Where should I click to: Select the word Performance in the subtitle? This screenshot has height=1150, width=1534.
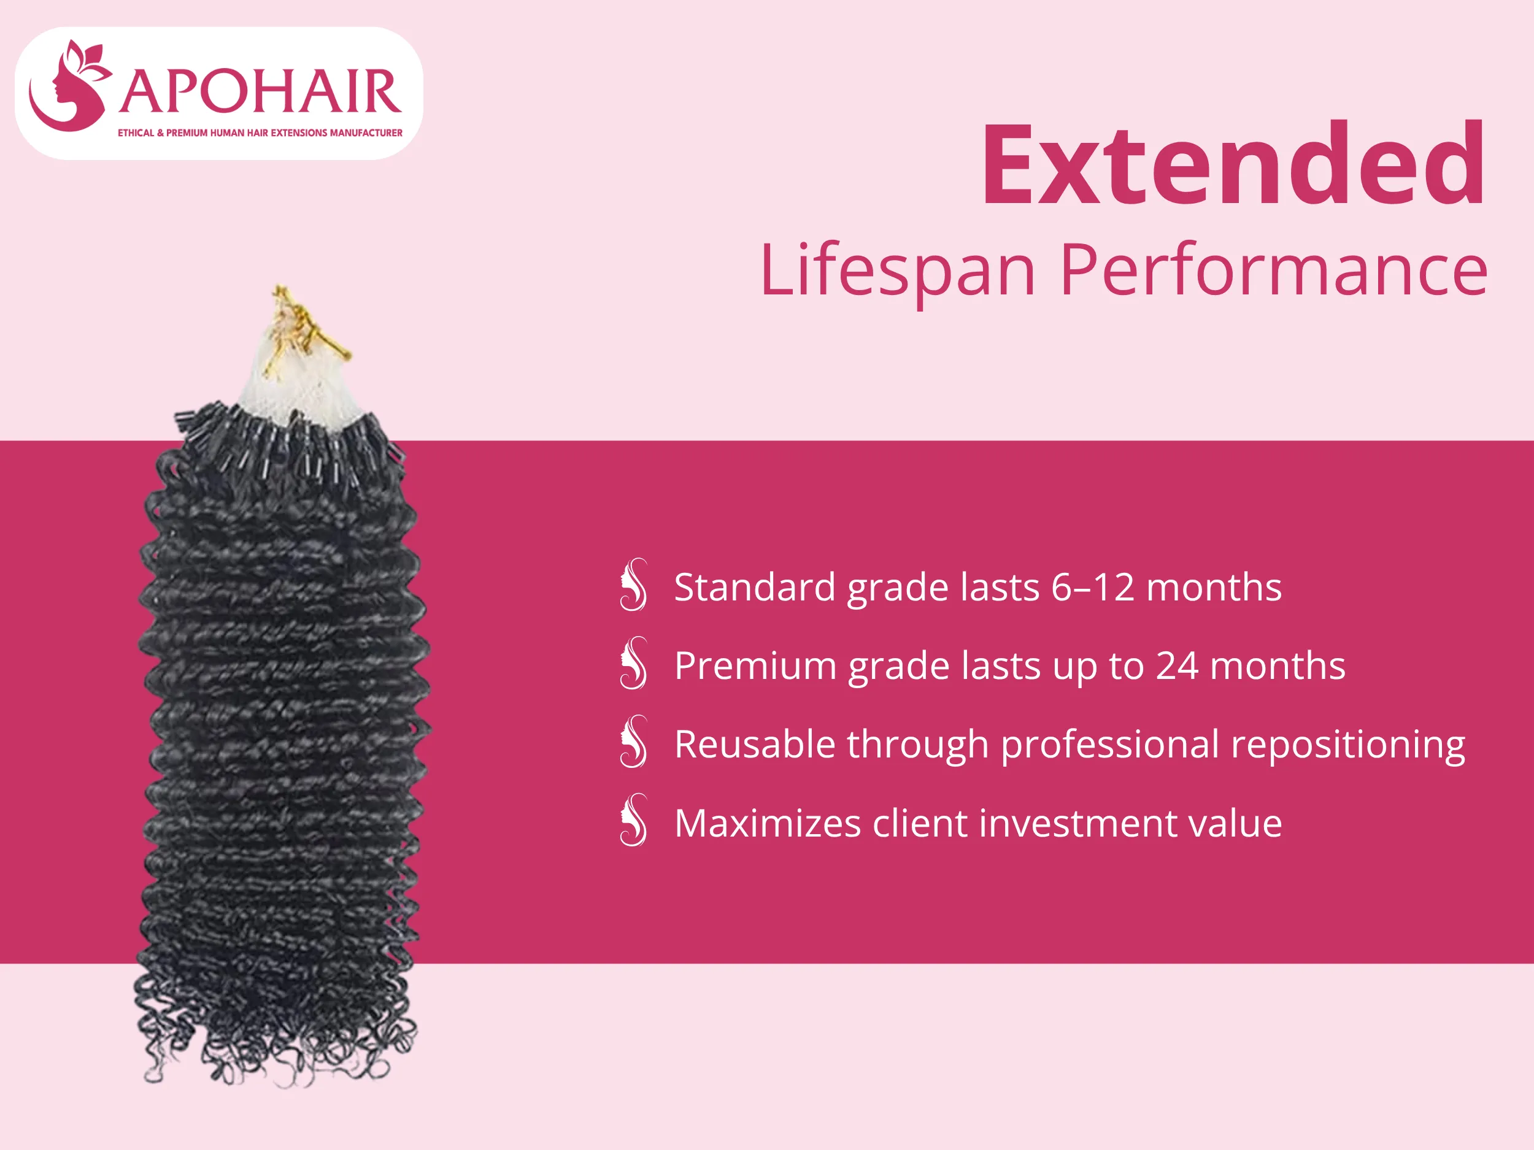tap(1273, 270)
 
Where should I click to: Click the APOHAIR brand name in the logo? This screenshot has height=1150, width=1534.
tap(260, 91)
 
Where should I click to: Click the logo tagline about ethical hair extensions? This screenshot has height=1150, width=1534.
tap(260, 133)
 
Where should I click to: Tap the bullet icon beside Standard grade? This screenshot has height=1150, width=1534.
tap(634, 585)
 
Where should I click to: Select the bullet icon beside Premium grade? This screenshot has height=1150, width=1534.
tap(634, 664)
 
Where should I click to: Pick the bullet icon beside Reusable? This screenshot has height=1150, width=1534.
tap(634, 742)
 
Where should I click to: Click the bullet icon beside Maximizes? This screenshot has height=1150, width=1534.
tap(634, 821)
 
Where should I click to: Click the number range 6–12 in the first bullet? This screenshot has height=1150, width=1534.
tap(1092, 587)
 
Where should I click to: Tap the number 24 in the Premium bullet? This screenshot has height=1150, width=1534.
tap(1177, 665)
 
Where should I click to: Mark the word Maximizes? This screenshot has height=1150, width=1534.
tap(767, 824)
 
